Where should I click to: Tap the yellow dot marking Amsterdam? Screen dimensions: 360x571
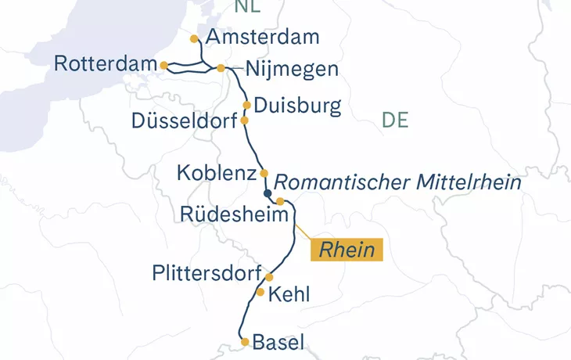tap(195, 38)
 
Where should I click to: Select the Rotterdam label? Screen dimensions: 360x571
tap(105, 64)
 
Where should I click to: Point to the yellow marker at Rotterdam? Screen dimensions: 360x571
tap(163, 65)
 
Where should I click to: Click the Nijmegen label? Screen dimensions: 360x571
tap(291, 69)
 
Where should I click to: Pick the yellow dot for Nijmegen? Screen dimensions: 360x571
tap(221, 68)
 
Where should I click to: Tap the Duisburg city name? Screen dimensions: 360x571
tap(297, 106)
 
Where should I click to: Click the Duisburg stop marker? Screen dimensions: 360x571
tap(246, 105)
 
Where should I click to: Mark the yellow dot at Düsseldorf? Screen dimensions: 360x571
tap(244, 121)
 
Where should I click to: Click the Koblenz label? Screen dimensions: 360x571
tap(217, 172)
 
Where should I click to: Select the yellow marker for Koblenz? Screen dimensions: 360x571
tap(264, 173)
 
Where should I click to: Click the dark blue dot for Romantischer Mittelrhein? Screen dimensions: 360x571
tap(268, 193)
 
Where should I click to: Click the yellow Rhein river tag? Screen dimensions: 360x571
tap(347, 250)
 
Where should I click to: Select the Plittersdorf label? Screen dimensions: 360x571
tap(206, 273)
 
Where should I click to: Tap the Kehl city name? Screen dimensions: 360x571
tap(289, 295)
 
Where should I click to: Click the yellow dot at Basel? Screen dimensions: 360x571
tap(245, 342)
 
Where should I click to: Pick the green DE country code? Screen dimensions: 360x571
tap(396, 120)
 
